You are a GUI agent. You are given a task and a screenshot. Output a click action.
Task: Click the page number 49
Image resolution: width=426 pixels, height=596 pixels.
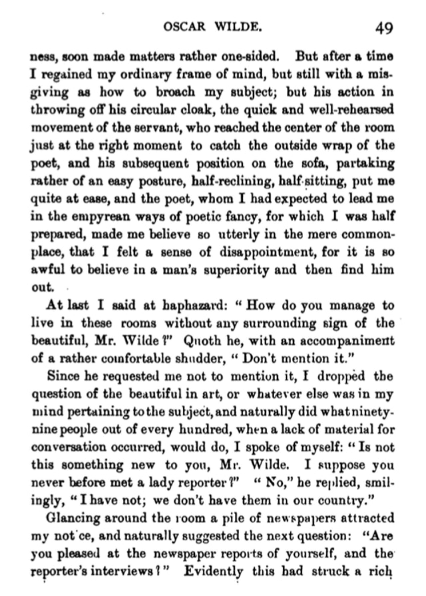coord(383,28)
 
